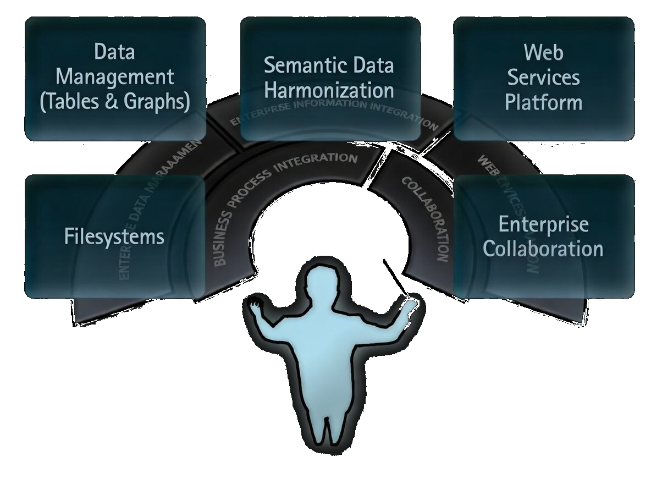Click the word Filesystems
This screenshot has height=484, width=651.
pyautogui.click(x=114, y=237)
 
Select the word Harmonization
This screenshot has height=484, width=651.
pyautogui.click(x=329, y=90)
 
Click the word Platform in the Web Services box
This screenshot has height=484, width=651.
pyautogui.click(x=543, y=102)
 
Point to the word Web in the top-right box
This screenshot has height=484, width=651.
pyautogui.click(x=543, y=52)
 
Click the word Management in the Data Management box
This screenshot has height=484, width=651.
pyautogui.click(x=115, y=77)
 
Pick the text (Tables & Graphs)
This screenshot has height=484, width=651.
pyautogui.click(x=115, y=102)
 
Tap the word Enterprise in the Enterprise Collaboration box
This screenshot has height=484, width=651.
pyautogui.click(x=543, y=224)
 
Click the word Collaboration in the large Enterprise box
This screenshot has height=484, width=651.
pyautogui.click(x=543, y=249)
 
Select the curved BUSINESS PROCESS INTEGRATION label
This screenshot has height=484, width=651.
pyautogui.click(x=275, y=193)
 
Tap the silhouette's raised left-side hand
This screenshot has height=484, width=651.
pyautogui.click(x=255, y=305)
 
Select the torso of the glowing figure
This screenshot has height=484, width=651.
pyautogui.click(x=324, y=352)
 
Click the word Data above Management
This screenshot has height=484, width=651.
pyautogui.click(x=114, y=52)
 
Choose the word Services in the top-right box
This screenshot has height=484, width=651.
pyautogui.click(x=543, y=77)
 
